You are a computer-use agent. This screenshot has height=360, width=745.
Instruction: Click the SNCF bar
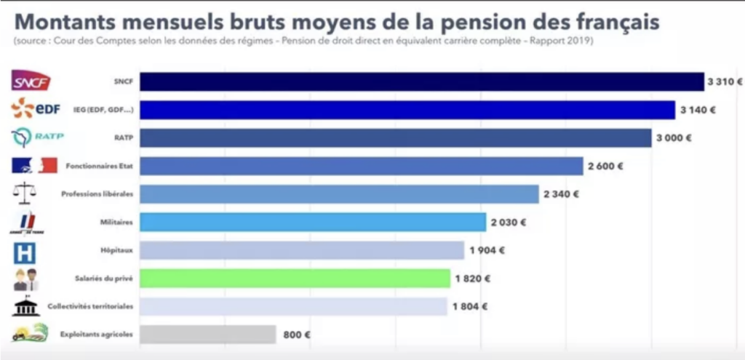(421, 81)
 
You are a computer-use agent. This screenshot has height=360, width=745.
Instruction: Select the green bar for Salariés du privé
(295, 279)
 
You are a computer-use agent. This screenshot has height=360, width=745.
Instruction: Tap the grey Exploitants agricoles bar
(207, 335)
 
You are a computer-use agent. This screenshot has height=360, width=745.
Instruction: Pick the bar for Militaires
(312, 222)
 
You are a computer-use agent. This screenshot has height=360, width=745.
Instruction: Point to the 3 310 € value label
(725, 82)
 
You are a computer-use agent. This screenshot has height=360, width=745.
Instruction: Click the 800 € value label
(296, 335)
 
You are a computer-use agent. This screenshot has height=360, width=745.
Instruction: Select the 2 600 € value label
(605, 167)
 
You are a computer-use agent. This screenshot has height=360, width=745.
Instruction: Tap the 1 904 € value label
(487, 251)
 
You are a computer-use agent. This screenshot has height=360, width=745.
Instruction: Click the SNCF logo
(31, 82)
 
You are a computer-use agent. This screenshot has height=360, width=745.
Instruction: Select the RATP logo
(33, 137)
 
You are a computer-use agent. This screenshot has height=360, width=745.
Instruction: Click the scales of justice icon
(25, 193)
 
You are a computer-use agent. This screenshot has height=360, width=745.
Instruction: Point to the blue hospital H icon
(25, 252)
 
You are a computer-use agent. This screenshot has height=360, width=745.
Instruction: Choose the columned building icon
(25, 306)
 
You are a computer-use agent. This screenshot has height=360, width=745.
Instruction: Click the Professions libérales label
(97, 194)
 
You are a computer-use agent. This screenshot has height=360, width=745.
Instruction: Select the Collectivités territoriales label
(90, 307)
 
